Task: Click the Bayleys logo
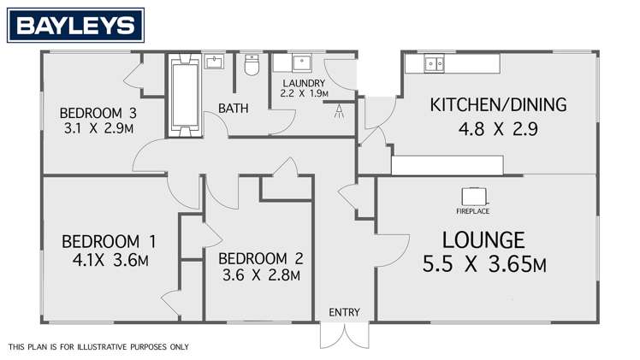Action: (x=74, y=26)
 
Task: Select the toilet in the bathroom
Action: (x=252, y=66)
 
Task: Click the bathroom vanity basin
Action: (x=214, y=62)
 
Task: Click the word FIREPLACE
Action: (x=473, y=210)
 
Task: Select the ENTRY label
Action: (x=344, y=312)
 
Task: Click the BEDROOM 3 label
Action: (x=98, y=113)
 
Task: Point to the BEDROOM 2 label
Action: (x=261, y=258)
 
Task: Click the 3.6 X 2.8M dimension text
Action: (x=261, y=275)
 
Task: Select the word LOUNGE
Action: (x=483, y=239)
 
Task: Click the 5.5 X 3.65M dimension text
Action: (x=484, y=265)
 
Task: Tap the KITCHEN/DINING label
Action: (x=498, y=105)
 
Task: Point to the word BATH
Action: (x=233, y=109)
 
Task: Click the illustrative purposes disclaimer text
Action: (x=98, y=347)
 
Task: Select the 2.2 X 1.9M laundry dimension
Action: (x=305, y=94)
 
